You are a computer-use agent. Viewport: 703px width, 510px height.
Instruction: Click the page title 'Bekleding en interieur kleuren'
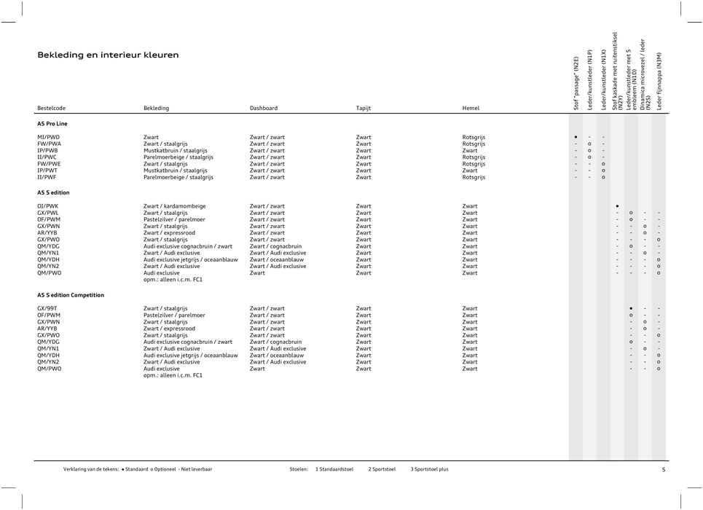(108, 55)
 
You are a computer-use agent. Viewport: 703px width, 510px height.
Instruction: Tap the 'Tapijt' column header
(364, 108)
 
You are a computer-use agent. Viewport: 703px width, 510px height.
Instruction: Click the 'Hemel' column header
(471, 108)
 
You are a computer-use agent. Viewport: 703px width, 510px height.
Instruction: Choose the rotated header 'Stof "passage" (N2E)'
(576, 84)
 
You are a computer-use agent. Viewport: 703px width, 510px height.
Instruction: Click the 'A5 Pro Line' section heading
(52, 124)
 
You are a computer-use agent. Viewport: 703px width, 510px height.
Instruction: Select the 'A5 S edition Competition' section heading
(71, 295)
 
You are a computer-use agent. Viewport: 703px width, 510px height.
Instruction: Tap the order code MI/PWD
(49, 137)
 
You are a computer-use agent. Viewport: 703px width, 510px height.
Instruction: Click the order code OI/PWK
(49, 206)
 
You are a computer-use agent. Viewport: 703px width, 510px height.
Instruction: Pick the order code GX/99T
(49, 309)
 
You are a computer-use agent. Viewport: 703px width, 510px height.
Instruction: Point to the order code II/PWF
(47, 177)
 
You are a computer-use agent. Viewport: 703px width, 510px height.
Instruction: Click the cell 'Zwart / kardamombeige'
(174, 206)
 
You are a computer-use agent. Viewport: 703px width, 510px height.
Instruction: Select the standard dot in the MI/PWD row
(576, 137)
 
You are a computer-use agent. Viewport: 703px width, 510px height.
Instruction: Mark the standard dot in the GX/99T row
(631, 309)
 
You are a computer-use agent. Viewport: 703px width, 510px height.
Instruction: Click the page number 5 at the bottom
(663, 469)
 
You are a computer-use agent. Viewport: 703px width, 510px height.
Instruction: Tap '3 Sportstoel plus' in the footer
(429, 469)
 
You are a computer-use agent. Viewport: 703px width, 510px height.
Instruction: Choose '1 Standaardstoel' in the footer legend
(334, 469)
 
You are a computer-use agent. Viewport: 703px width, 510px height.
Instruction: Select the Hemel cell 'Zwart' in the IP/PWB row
(470, 150)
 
